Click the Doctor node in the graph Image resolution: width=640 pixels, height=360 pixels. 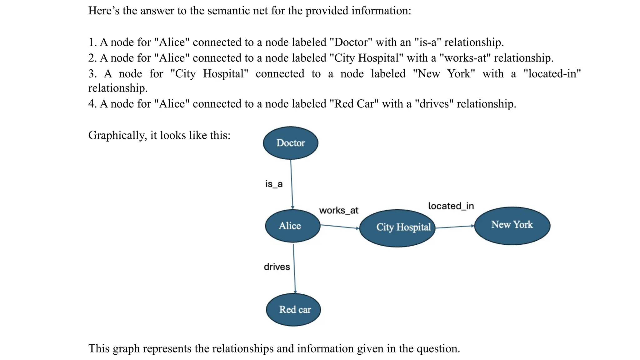290,143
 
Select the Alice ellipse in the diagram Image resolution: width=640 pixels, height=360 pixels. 292,226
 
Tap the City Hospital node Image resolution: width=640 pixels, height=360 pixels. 397,228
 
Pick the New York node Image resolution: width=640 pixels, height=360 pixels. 512,225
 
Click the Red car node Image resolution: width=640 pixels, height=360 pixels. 293,309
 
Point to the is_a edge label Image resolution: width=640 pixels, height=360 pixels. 274,184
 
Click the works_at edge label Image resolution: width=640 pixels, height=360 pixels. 338,210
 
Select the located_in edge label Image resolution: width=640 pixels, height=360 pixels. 451,206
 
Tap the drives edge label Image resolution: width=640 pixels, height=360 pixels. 277,267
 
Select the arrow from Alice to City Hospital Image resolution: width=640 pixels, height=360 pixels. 340,227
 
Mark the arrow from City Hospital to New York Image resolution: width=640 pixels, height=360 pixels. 455,227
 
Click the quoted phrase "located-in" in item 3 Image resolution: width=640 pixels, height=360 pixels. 552,74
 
